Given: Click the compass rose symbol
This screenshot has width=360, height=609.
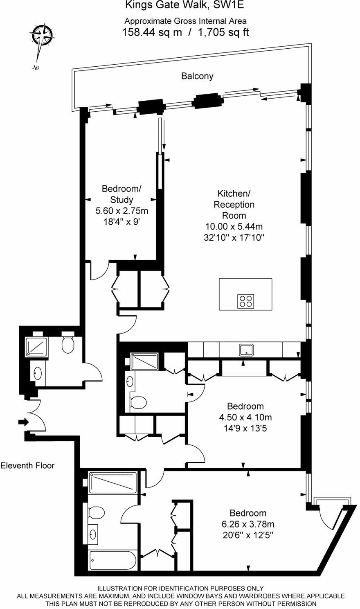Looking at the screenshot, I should click(43, 35).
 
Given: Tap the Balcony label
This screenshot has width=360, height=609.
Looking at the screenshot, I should click(197, 76).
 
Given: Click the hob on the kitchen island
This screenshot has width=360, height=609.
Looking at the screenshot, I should click(245, 301).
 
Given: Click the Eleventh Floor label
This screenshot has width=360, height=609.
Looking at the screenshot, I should click(27, 465).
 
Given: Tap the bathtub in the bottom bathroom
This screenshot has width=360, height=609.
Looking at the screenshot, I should click(112, 559).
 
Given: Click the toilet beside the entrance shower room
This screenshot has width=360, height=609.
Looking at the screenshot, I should click(68, 345).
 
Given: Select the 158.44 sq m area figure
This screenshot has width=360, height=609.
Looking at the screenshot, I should click(152, 32).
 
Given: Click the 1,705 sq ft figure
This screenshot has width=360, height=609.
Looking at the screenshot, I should click(223, 32).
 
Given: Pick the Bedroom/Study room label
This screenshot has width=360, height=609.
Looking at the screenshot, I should click(122, 194).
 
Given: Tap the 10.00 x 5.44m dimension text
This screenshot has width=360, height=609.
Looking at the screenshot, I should click(234, 226).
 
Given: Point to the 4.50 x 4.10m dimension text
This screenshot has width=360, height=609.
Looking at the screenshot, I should click(245, 417).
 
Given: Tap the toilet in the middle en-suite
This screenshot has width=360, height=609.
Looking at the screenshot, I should click(138, 402).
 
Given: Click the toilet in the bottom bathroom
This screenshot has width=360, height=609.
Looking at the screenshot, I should click(97, 512).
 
